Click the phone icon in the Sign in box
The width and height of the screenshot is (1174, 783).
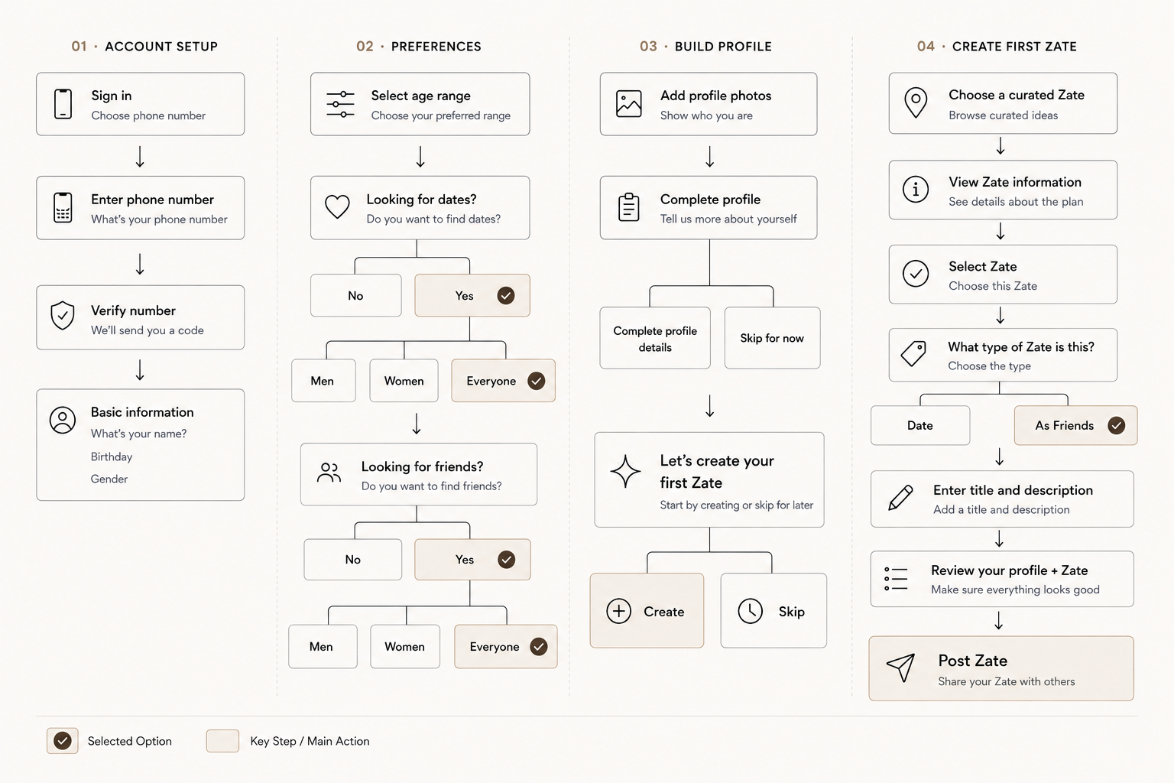click(x=63, y=104)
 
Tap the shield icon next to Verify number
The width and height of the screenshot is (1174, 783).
click(x=63, y=316)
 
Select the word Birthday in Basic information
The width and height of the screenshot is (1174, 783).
click(x=112, y=456)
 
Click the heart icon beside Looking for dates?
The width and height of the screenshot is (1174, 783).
click(x=337, y=206)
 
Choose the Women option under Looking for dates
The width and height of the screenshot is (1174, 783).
click(x=404, y=381)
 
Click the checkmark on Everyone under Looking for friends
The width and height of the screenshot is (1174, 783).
click(x=538, y=647)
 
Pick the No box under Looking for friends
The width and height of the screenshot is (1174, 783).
click(x=352, y=560)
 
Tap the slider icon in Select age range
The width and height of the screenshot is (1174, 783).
click(x=340, y=104)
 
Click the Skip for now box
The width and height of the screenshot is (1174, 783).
click(x=772, y=338)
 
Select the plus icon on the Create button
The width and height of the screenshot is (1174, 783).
click(x=619, y=611)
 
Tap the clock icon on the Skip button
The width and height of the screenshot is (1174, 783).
click(x=750, y=611)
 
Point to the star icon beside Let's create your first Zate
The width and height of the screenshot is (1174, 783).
click(x=625, y=472)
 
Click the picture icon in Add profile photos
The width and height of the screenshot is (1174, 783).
click(x=628, y=104)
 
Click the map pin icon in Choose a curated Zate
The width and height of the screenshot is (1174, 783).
click(x=916, y=102)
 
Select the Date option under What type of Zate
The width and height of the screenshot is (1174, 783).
click(x=920, y=425)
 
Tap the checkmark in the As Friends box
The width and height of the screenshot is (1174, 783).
click(x=1117, y=425)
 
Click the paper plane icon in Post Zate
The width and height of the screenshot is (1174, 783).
click(x=901, y=667)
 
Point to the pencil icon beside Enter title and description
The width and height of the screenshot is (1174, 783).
click(x=900, y=498)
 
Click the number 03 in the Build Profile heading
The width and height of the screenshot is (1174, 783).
click(x=648, y=46)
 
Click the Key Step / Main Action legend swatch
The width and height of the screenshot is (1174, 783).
click(x=222, y=741)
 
